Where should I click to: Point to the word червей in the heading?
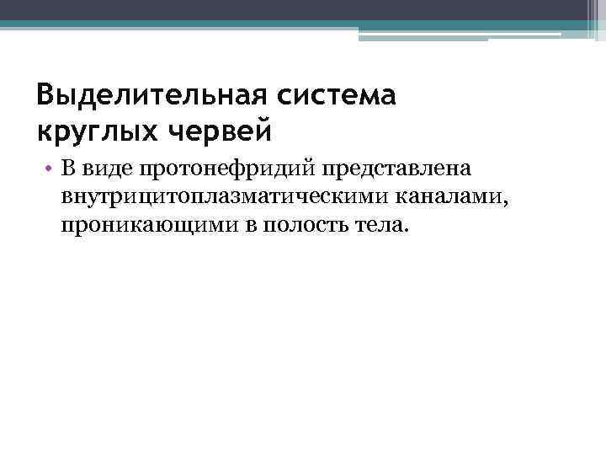tap(220, 131)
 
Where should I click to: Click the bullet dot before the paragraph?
tap(50, 171)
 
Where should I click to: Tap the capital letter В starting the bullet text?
tap(67, 171)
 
